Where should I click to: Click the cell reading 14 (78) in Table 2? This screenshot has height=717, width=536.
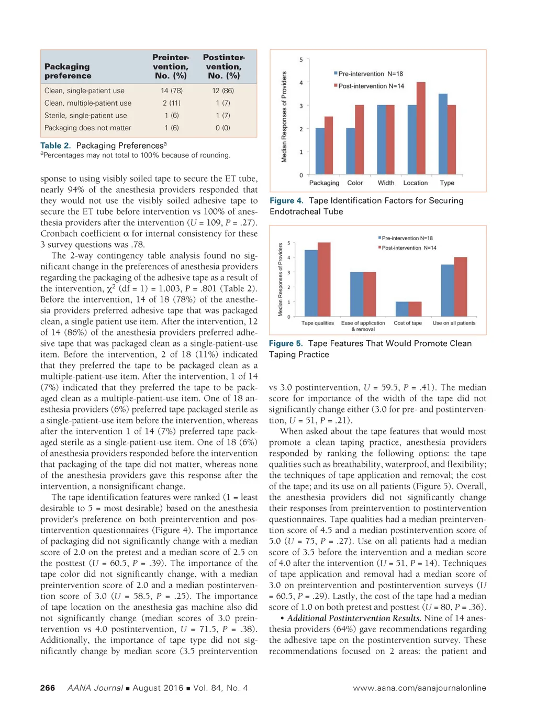(x=172, y=91)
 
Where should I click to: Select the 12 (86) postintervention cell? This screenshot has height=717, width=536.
(x=223, y=91)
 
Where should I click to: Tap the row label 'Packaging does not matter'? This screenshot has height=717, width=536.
(x=88, y=128)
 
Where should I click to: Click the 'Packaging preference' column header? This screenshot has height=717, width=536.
(x=68, y=71)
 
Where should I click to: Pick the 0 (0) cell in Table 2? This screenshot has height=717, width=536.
(x=223, y=128)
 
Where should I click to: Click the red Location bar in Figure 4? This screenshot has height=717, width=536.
(x=421, y=128)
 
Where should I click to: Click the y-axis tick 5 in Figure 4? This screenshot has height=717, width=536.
(x=301, y=60)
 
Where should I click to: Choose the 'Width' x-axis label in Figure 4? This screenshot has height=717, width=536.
(x=386, y=183)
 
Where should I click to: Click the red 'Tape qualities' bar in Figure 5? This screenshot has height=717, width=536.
(x=324, y=279)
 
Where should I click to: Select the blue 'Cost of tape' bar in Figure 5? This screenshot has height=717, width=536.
(x=402, y=309)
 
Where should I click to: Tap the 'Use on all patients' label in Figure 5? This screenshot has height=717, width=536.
(x=454, y=323)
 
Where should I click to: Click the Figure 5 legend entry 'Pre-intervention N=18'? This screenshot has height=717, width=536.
(x=407, y=238)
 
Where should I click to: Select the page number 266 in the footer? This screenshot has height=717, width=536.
(x=48, y=688)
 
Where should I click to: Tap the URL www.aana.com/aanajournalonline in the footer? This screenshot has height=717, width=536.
(x=419, y=688)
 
